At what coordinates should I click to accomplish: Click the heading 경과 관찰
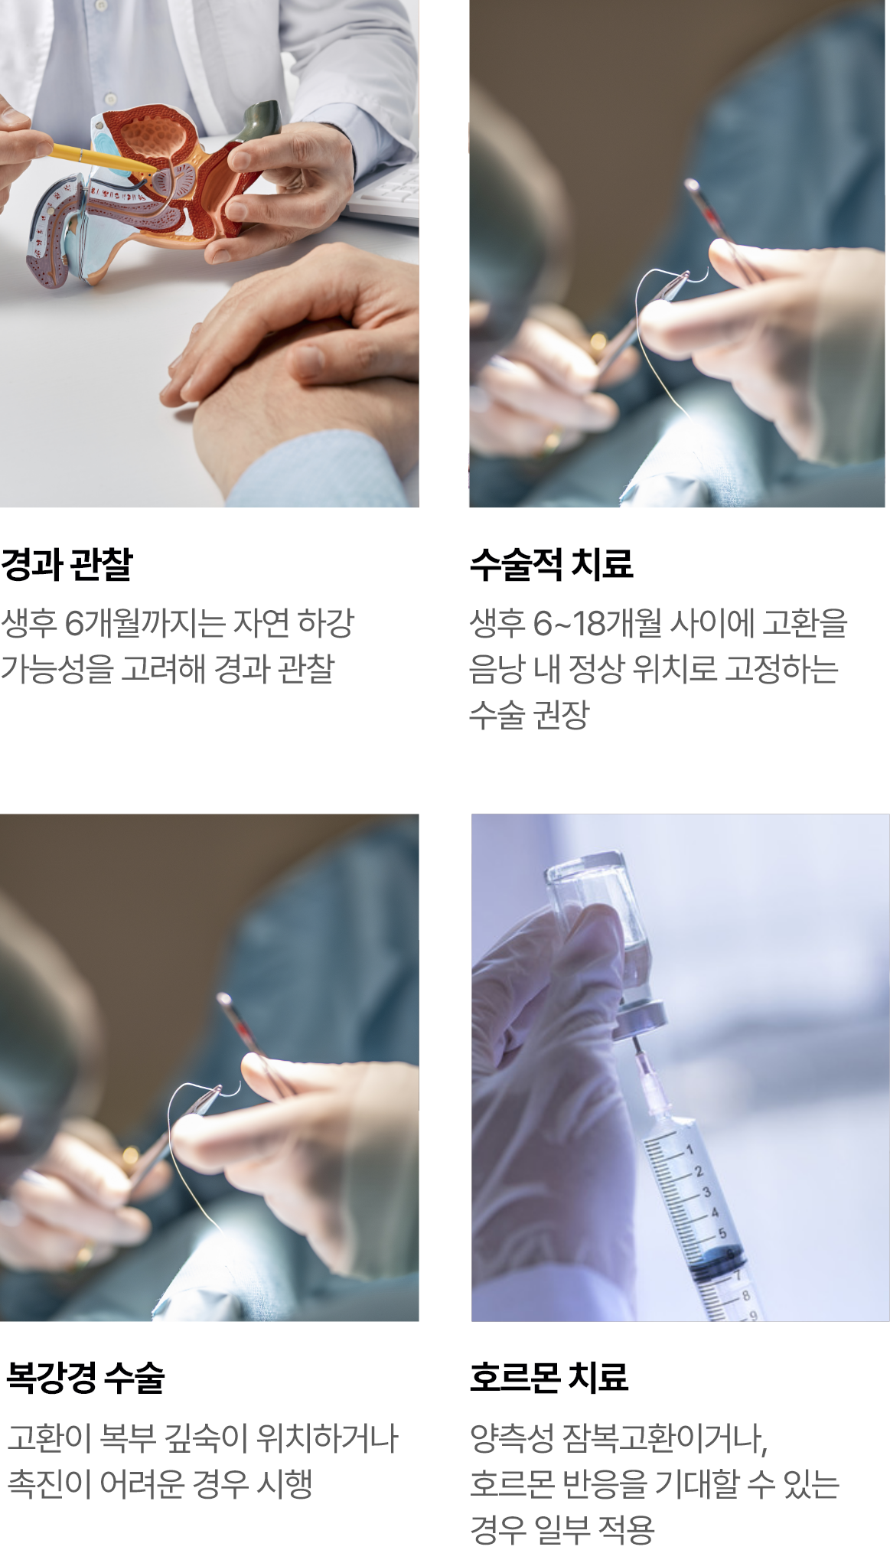(x=67, y=564)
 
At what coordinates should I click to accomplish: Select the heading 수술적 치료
(x=551, y=564)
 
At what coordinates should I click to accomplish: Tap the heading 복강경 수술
(x=85, y=1378)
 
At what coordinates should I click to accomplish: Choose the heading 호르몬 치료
(x=549, y=1378)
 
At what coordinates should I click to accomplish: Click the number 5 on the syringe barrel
(x=722, y=1233)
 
